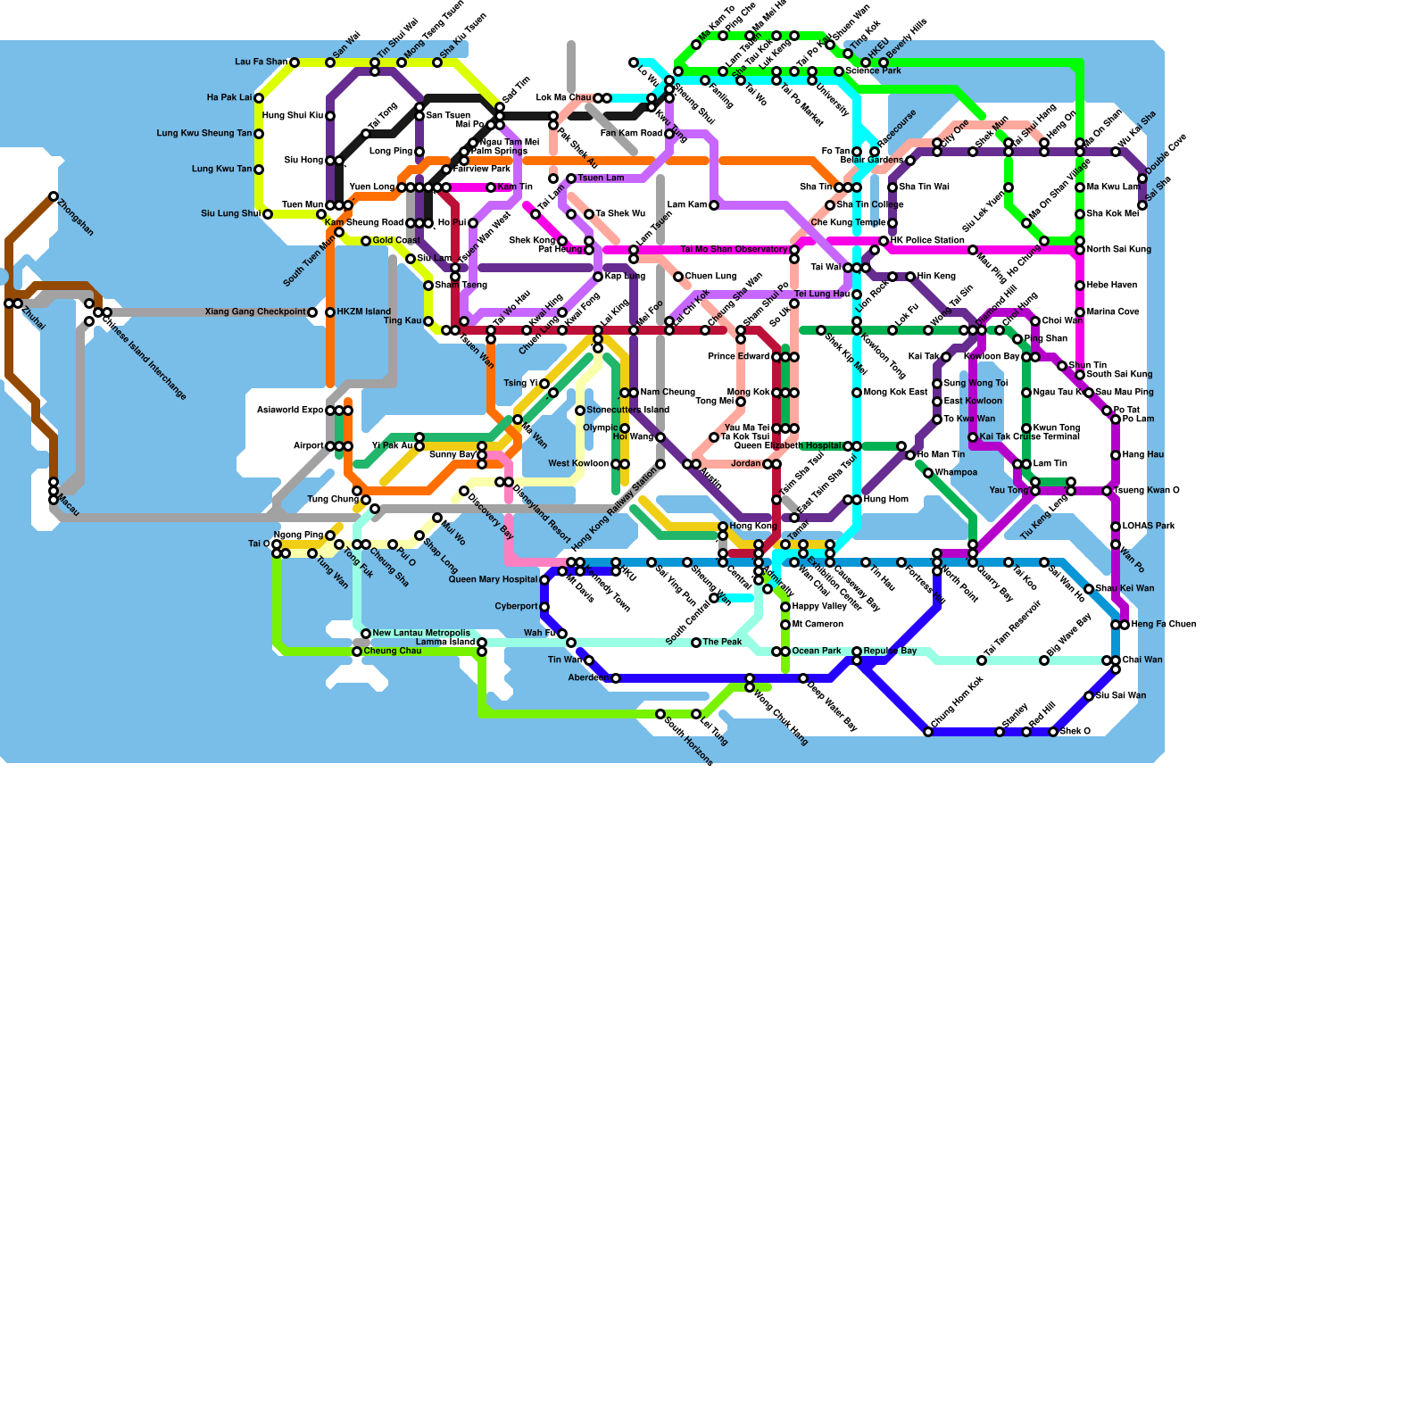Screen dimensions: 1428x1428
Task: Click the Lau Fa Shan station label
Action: pyautogui.click(x=261, y=62)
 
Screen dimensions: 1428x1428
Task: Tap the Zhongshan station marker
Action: pyautogui.click(x=54, y=196)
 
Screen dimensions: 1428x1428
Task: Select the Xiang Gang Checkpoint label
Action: pyautogui.click(x=254, y=312)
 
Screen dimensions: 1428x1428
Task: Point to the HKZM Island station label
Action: pyautogui.click(x=364, y=312)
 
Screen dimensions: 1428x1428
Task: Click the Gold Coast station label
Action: pyautogui.click(x=396, y=241)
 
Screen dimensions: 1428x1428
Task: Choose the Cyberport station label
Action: pyautogui.click(x=516, y=607)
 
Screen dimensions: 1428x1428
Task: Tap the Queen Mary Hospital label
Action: pyautogui.click(x=493, y=580)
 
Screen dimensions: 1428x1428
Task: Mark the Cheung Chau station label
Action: pyautogui.click(x=393, y=652)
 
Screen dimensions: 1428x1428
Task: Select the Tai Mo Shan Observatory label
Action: pyautogui.click(x=734, y=250)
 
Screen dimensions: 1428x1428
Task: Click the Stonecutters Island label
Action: pyautogui.click(x=627, y=411)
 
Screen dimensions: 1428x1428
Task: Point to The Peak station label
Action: pyautogui.click(x=722, y=643)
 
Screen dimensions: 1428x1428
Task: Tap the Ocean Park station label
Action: pyautogui.click(x=817, y=652)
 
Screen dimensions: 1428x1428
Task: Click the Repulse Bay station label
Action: pyautogui.click(x=890, y=652)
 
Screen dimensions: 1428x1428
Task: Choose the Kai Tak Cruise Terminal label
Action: pyautogui.click(x=1029, y=437)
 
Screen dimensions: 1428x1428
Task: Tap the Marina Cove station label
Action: pyautogui.click(x=1112, y=312)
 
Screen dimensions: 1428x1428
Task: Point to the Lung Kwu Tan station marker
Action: pyautogui.click(x=259, y=170)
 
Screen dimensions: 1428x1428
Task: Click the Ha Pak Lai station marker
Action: pyautogui.click(x=259, y=98)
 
